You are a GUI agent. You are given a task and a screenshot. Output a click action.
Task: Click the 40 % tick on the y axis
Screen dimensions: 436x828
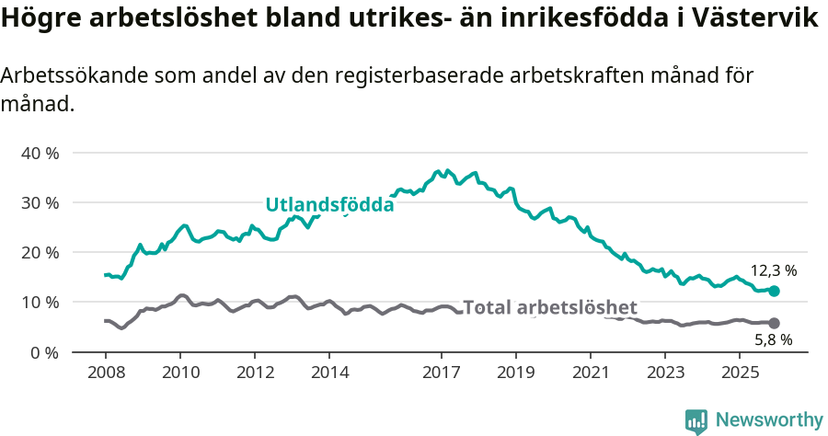pos(40,153)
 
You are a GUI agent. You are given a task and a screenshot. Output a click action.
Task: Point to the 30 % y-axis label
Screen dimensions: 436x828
pos(40,202)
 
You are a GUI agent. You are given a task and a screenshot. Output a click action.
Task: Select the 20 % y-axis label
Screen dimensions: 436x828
pos(40,252)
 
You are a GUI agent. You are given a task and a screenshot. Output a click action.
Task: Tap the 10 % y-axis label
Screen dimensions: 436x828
pos(40,303)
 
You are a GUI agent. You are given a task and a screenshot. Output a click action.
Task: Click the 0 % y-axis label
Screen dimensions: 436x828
pos(43,352)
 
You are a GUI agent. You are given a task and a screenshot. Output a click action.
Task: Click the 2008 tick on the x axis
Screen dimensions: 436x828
pos(106,373)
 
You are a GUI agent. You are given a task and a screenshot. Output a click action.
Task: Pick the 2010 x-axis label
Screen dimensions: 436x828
pos(180,373)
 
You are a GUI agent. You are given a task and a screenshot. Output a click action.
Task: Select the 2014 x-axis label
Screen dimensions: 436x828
pos(329,373)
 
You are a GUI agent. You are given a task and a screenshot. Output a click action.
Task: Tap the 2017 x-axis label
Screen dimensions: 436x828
pos(441,373)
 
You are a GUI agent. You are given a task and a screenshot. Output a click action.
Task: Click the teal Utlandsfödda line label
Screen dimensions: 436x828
pos(329,205)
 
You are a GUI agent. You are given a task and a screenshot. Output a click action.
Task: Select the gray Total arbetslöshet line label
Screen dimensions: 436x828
pos(549,307)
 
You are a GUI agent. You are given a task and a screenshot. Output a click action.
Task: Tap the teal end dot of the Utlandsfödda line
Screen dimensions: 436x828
pos(774,291)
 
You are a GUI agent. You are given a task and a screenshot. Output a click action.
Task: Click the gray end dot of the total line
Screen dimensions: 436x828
pos(774,323)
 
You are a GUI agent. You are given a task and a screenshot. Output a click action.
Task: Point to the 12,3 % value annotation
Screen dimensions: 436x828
pos(773,271)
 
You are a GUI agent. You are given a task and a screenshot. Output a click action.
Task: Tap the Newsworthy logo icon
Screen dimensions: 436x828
pos(696,420)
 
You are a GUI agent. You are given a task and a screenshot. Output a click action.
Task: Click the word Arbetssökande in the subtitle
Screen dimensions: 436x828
pos(70,76)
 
